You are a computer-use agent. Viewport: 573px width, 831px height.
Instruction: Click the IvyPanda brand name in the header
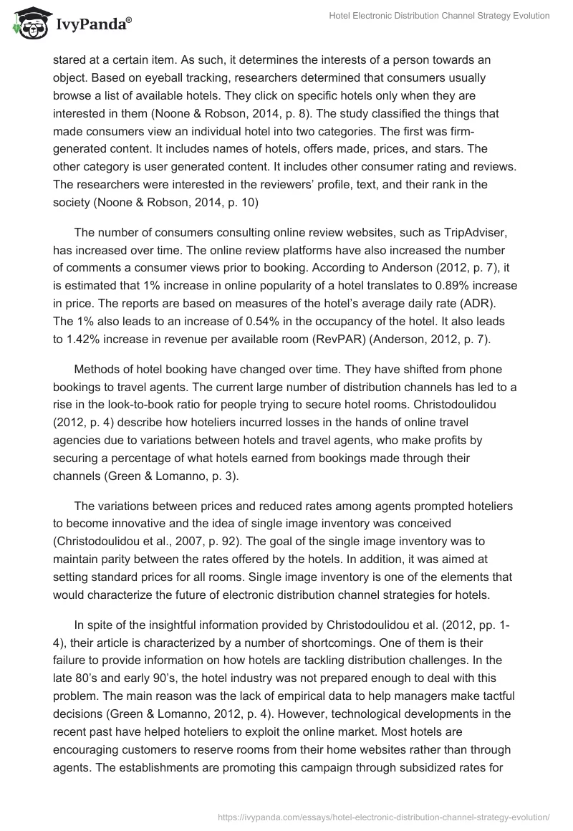[92, 25]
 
